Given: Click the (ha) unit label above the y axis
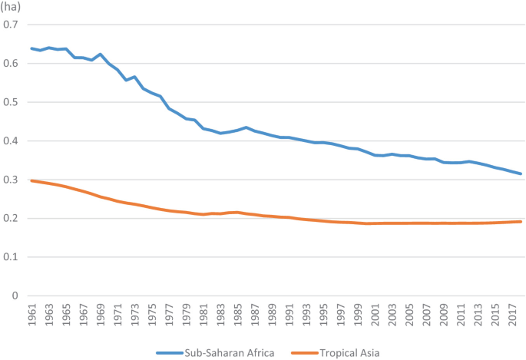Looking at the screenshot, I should [11, 7].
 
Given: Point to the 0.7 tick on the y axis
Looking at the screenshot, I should [11, 25].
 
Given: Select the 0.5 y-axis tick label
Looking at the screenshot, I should [11, 102].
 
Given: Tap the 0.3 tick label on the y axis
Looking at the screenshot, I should [11, 180].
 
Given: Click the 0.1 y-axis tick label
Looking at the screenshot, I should [11, 257].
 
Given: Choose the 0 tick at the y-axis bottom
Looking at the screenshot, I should [15, 296].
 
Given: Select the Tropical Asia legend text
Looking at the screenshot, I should [350, 352].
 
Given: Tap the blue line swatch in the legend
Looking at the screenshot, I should [170, 352].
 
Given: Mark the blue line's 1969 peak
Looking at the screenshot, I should [101, 54].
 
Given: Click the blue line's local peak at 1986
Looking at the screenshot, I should [246, 127].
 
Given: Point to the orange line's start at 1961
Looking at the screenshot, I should [31, 180].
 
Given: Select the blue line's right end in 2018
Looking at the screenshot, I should [521, 173].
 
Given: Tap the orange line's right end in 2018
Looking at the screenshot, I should [521, 222].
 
